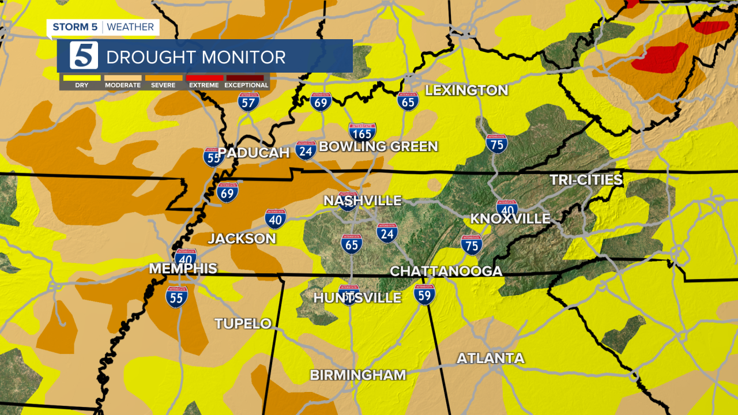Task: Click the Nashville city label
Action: [x=362, y=201]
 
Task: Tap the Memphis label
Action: [x=183, y=269]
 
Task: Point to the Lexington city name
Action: [x=466, y=90]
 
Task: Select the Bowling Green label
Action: [x=378, y=146]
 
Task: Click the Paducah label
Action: [x=254, y=153]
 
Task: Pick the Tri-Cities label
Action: [x=586, y=180]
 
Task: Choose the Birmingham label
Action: [x=358, y=375]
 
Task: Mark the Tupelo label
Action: [x=243, y=324]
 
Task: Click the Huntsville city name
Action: [x=357, y=298]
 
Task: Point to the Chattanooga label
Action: [x=446, y=271]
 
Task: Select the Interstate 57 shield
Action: [x=248, y=102]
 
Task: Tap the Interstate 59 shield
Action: [x=424, y=295]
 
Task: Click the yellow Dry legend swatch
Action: [x=81, y=78]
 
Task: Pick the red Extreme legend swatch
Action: [x=204, y=78]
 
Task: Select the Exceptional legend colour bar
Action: [x=246, y=78]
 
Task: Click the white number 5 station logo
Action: [x=84, y=56]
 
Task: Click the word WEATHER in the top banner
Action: [x=130, y=27]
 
